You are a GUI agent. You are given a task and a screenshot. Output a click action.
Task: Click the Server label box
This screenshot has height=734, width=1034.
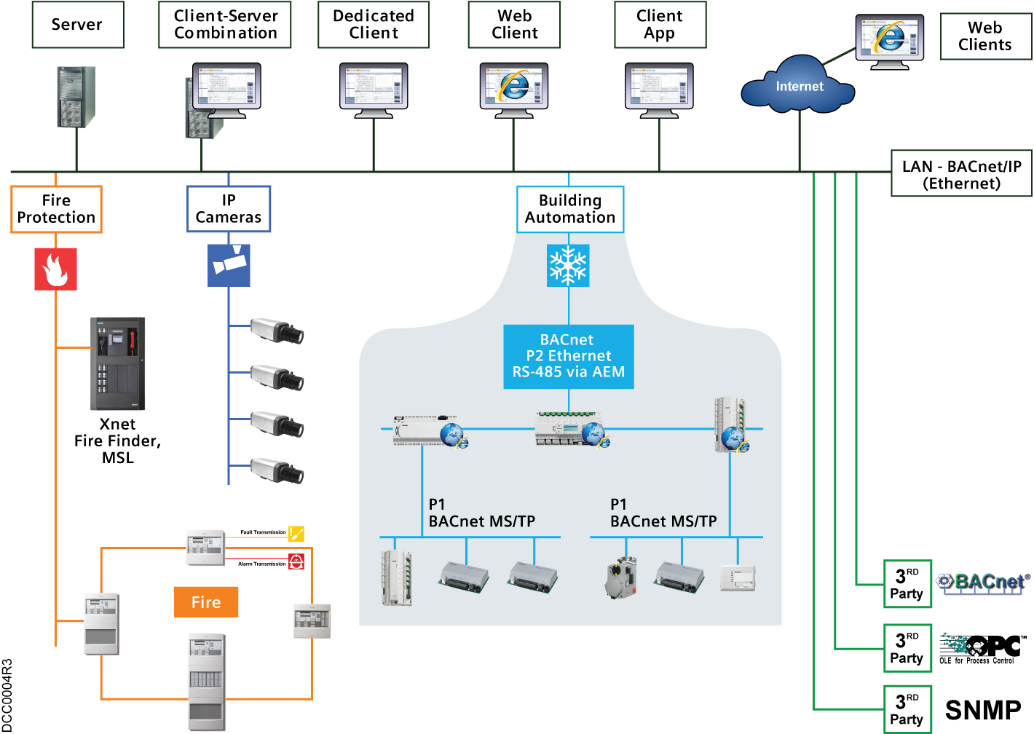click(x=77, y=25)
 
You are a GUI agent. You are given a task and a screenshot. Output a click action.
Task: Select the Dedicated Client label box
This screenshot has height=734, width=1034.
click(x=374, y=25)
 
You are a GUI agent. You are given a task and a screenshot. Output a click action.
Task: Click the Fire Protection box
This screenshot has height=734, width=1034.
click(x=56, y=209)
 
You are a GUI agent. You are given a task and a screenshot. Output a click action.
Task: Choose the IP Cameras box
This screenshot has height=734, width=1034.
click(x=229, y=209)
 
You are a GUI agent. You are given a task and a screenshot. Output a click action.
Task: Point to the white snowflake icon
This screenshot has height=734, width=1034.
click(x=568, y=265)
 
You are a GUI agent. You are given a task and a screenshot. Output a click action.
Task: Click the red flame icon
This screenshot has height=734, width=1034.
click(x=55, y=269)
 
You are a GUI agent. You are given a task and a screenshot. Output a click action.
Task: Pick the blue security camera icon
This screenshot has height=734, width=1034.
click(x=229, y=265)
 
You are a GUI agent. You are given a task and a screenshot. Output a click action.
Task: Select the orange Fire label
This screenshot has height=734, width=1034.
click(x=206, y=602)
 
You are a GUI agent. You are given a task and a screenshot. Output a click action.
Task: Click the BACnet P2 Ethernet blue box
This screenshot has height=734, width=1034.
click(x=569, y=356)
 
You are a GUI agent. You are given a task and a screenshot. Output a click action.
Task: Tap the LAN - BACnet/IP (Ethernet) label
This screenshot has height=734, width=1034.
click(x=961, y=175)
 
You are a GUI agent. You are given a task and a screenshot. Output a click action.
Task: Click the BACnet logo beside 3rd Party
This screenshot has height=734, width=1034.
click(x=983, y=583)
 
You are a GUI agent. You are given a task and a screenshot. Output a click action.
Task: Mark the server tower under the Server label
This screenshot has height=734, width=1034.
click(x=76, y=97)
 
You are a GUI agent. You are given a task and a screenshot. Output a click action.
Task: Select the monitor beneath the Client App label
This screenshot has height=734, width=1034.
click(x=659, y=90)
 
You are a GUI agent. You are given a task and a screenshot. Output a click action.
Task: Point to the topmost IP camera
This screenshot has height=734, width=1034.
click(x=277, y=331)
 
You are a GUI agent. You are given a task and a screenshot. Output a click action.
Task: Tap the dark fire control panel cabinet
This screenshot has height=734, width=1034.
click(x=118, y=363)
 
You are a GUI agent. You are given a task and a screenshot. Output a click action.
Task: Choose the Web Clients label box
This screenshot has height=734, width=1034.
click(x=984, y=36)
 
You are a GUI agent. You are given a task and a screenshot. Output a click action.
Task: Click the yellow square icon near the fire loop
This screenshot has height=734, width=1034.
click(x=296, y=534)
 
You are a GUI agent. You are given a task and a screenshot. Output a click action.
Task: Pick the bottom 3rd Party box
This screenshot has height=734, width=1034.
click(x=907, y=709)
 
